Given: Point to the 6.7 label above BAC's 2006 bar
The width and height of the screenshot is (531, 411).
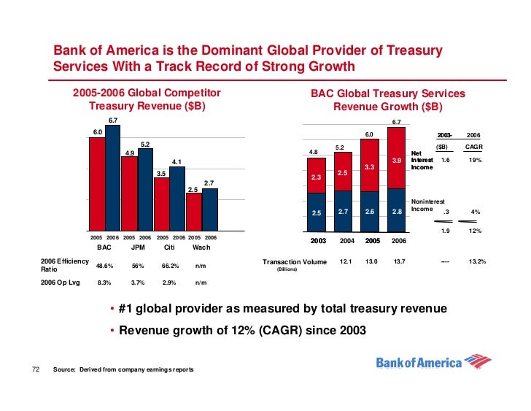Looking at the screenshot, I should (113, 120).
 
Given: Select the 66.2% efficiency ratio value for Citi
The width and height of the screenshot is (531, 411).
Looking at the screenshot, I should (171, 266).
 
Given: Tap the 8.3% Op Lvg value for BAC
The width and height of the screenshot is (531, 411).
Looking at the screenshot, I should (104, 282).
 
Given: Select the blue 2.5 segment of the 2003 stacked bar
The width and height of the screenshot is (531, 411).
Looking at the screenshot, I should (316, 212).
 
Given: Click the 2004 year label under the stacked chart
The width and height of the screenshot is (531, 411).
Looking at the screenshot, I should (346, 240).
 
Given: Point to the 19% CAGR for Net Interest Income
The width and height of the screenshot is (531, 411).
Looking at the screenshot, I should (476, 159).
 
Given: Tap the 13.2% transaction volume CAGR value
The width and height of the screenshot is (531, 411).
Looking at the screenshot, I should (478, 261).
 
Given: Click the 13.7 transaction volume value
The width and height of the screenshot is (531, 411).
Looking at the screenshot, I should (398, 261).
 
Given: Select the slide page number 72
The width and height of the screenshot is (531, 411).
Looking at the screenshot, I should (34, 369).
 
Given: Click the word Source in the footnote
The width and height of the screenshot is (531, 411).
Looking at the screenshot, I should (65, 370).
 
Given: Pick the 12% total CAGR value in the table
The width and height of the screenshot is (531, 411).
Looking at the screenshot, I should (476, 231).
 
